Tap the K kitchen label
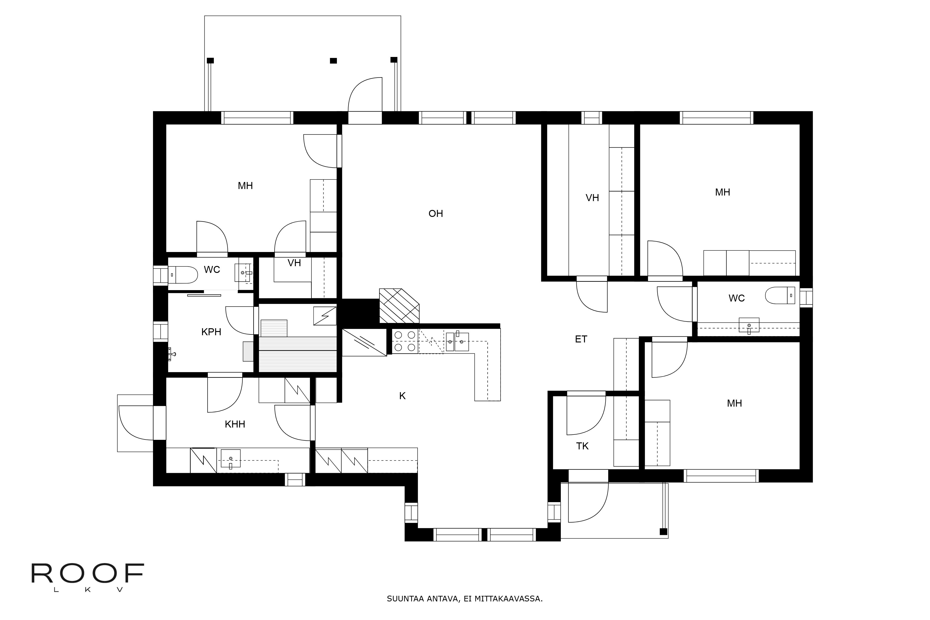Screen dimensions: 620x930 [402, 396]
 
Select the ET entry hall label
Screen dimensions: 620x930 [581, 339]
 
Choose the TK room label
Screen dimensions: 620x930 [582, 446]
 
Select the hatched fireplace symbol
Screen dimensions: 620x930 [399, 306]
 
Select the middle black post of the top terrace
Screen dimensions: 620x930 [333, 60]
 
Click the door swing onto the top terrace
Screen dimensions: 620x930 [365, 95]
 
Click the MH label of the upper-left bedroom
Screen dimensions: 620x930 [245, 186]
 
